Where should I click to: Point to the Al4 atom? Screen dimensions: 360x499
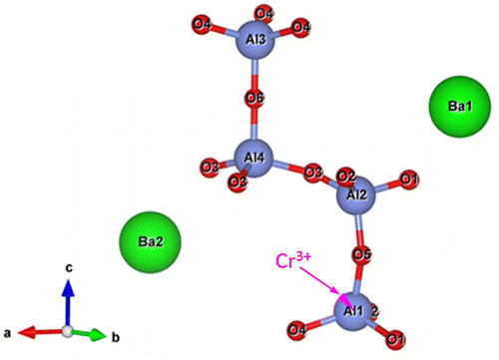click(254, 158)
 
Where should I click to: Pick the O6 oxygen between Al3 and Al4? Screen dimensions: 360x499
click(254, 100)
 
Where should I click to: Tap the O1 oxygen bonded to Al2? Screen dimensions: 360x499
click(407, 180)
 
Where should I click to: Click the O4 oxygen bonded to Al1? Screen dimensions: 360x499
click(296, 329)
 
